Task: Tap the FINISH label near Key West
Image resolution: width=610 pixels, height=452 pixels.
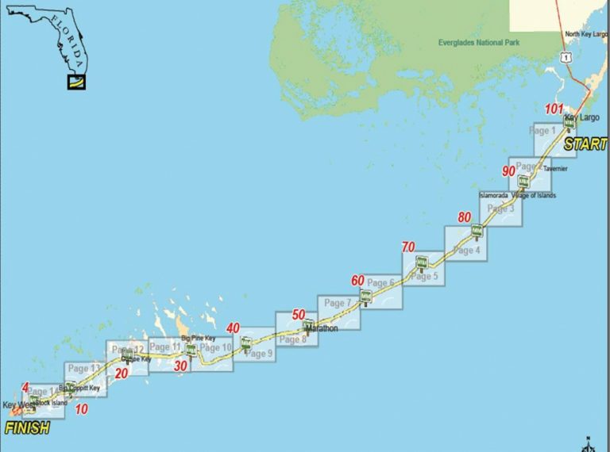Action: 27,428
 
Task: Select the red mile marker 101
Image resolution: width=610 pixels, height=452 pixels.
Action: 554,109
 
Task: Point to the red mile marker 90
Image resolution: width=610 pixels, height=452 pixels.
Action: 508,171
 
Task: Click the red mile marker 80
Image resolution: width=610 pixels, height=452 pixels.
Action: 464,217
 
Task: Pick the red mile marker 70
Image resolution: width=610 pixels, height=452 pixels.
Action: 407,247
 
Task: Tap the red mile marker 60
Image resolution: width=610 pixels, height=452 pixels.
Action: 357,280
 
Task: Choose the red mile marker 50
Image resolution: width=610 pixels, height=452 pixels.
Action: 298,315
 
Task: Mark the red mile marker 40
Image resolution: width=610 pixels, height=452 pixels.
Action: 233,328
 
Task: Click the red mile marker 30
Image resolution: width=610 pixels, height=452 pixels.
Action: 181,366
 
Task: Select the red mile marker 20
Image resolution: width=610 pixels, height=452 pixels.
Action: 122,373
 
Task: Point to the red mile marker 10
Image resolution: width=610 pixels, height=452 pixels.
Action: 81,409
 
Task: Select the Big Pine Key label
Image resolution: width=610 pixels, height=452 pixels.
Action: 199,339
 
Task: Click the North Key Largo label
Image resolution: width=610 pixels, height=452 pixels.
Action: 585,33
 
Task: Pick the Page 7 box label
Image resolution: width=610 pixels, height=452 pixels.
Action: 334,303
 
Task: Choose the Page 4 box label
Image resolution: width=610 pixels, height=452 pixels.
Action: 467,251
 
